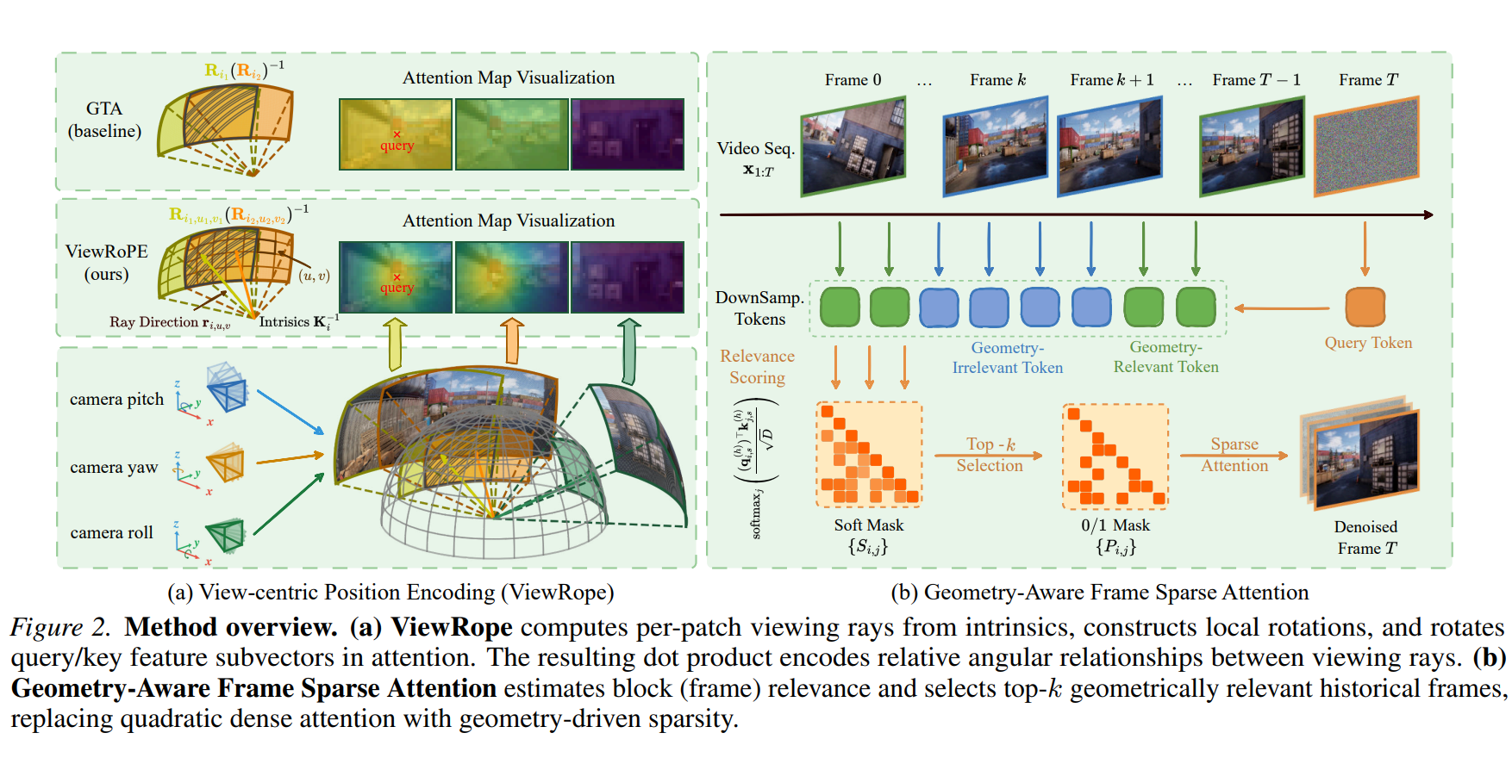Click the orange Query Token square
point(1365,307)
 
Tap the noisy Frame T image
point(1366,147)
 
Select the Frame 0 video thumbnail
point(853,147)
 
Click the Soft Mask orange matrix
point(869,455)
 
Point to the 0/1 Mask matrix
point(1115,455)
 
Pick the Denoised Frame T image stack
point(1360,457)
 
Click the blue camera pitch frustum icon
point(228,388)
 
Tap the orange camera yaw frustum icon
point(227,463)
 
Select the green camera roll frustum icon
point(226,535)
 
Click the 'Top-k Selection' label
point(989,455)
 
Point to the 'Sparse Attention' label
point(1234,455)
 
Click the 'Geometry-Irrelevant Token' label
point(1007,357)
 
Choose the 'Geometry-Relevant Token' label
point(1165,357)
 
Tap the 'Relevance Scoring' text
point(757,367)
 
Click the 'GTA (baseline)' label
point(104,120)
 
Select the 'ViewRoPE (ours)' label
point(106,263)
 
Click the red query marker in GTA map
point(397,134)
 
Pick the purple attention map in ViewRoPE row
point(627,277)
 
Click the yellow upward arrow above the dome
point(395,344)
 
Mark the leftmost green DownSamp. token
point(840,307)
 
